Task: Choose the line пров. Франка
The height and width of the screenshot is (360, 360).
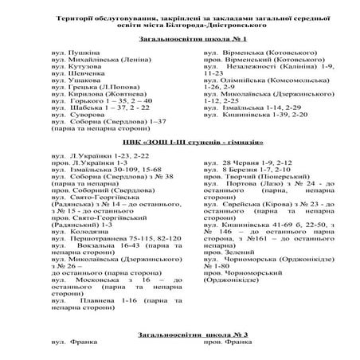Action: (228, 343)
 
